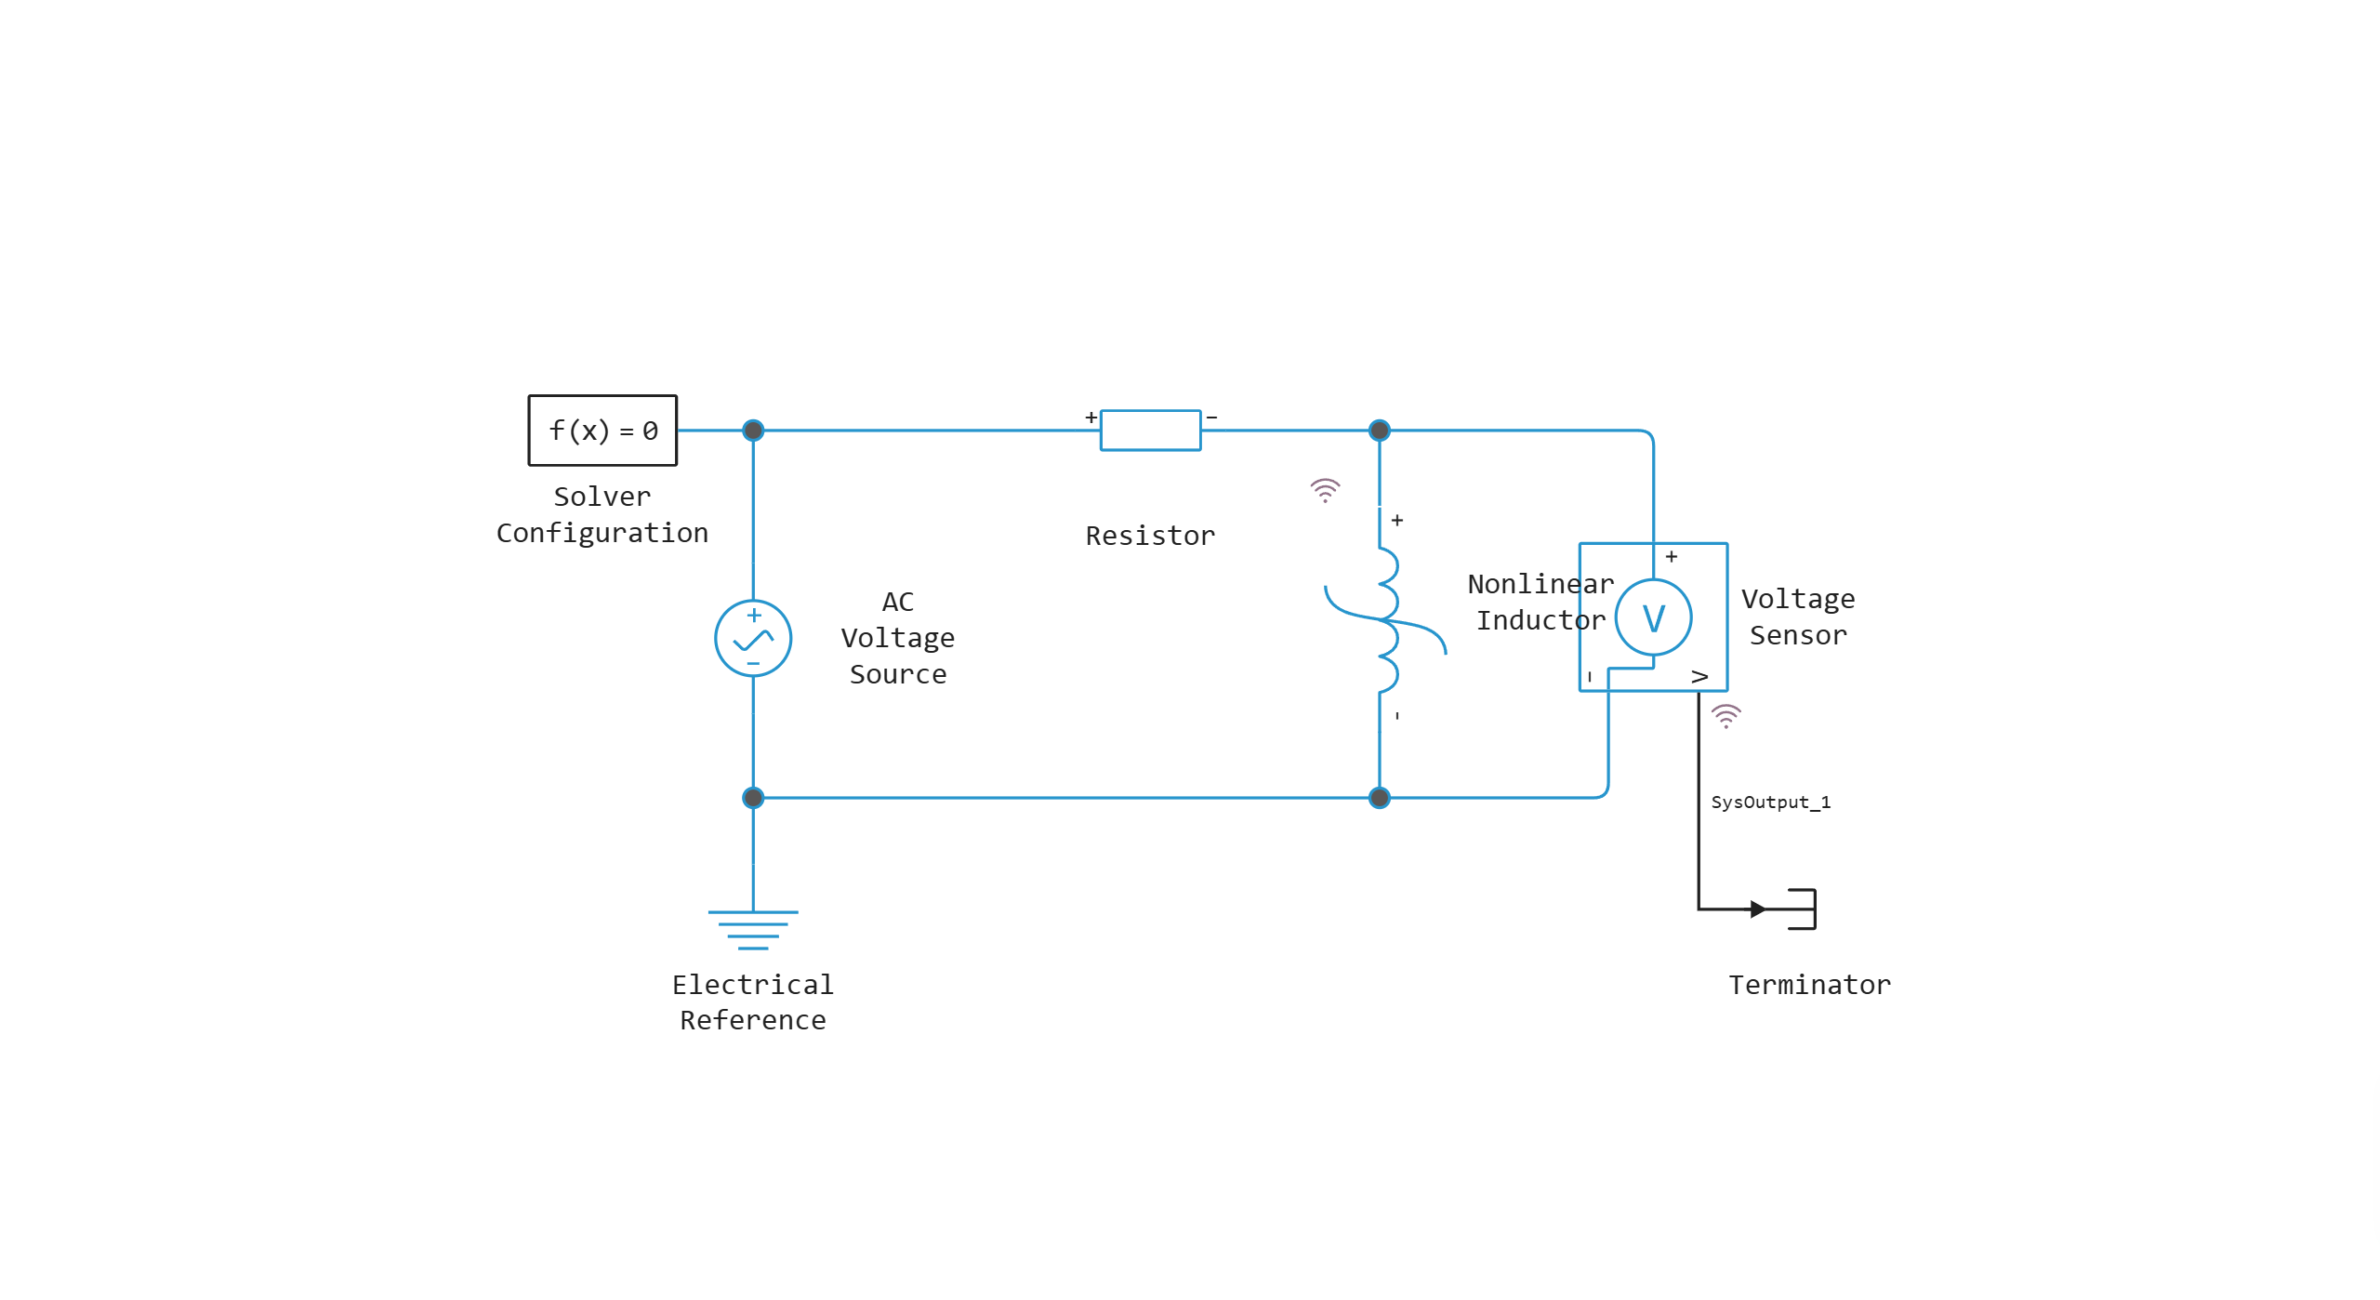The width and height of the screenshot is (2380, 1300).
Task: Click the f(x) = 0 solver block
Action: tap(602, 431)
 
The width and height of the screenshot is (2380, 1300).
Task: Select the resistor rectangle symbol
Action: tap(1150, 431)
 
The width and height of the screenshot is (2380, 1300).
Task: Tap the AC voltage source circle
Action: tap(753, 638)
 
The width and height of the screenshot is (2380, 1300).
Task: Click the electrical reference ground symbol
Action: tap(753, 929)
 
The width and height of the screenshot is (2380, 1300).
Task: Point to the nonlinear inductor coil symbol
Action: tap(1385, 619)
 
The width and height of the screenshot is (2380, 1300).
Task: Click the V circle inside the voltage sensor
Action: tap(1653, 617)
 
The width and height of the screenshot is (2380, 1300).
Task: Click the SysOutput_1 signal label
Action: tap(1770, 803)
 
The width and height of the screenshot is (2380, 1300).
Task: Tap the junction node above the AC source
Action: tap(753, 431)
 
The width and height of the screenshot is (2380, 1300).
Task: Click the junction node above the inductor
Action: tap(1380, 431)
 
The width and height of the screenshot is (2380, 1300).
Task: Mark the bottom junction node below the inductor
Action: tap(1380, 798)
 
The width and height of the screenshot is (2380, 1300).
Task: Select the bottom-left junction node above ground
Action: tap(753, 798)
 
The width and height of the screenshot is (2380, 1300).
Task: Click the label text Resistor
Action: tap(1150, 536)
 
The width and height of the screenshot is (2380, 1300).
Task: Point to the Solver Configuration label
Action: tap(602, 514)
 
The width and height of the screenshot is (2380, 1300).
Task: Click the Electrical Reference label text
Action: tap(753, 1002)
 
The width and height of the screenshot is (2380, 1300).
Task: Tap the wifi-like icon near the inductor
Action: tap(1325, 490)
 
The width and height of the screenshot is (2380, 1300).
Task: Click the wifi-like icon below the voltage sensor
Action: tap(1725, 716)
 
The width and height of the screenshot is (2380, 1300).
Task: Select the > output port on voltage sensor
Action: tap(1699, 677)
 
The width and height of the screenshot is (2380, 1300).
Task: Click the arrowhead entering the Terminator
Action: tap(1757, 909)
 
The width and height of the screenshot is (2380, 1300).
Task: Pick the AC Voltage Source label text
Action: tap(897, 638)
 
